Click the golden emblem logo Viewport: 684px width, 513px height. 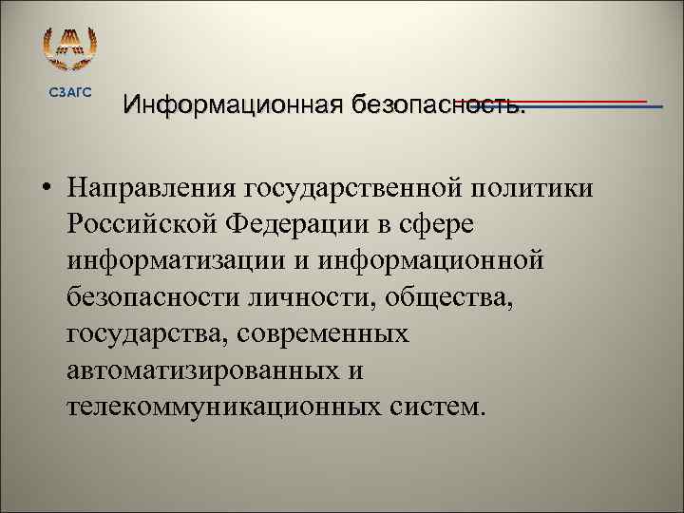click(71, 47)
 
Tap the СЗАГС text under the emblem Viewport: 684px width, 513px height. click(71, 90)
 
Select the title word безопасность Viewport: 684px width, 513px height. click(437, 102)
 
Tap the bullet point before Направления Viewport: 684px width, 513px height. click(46, 189)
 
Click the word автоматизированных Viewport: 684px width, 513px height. click(195, 370)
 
